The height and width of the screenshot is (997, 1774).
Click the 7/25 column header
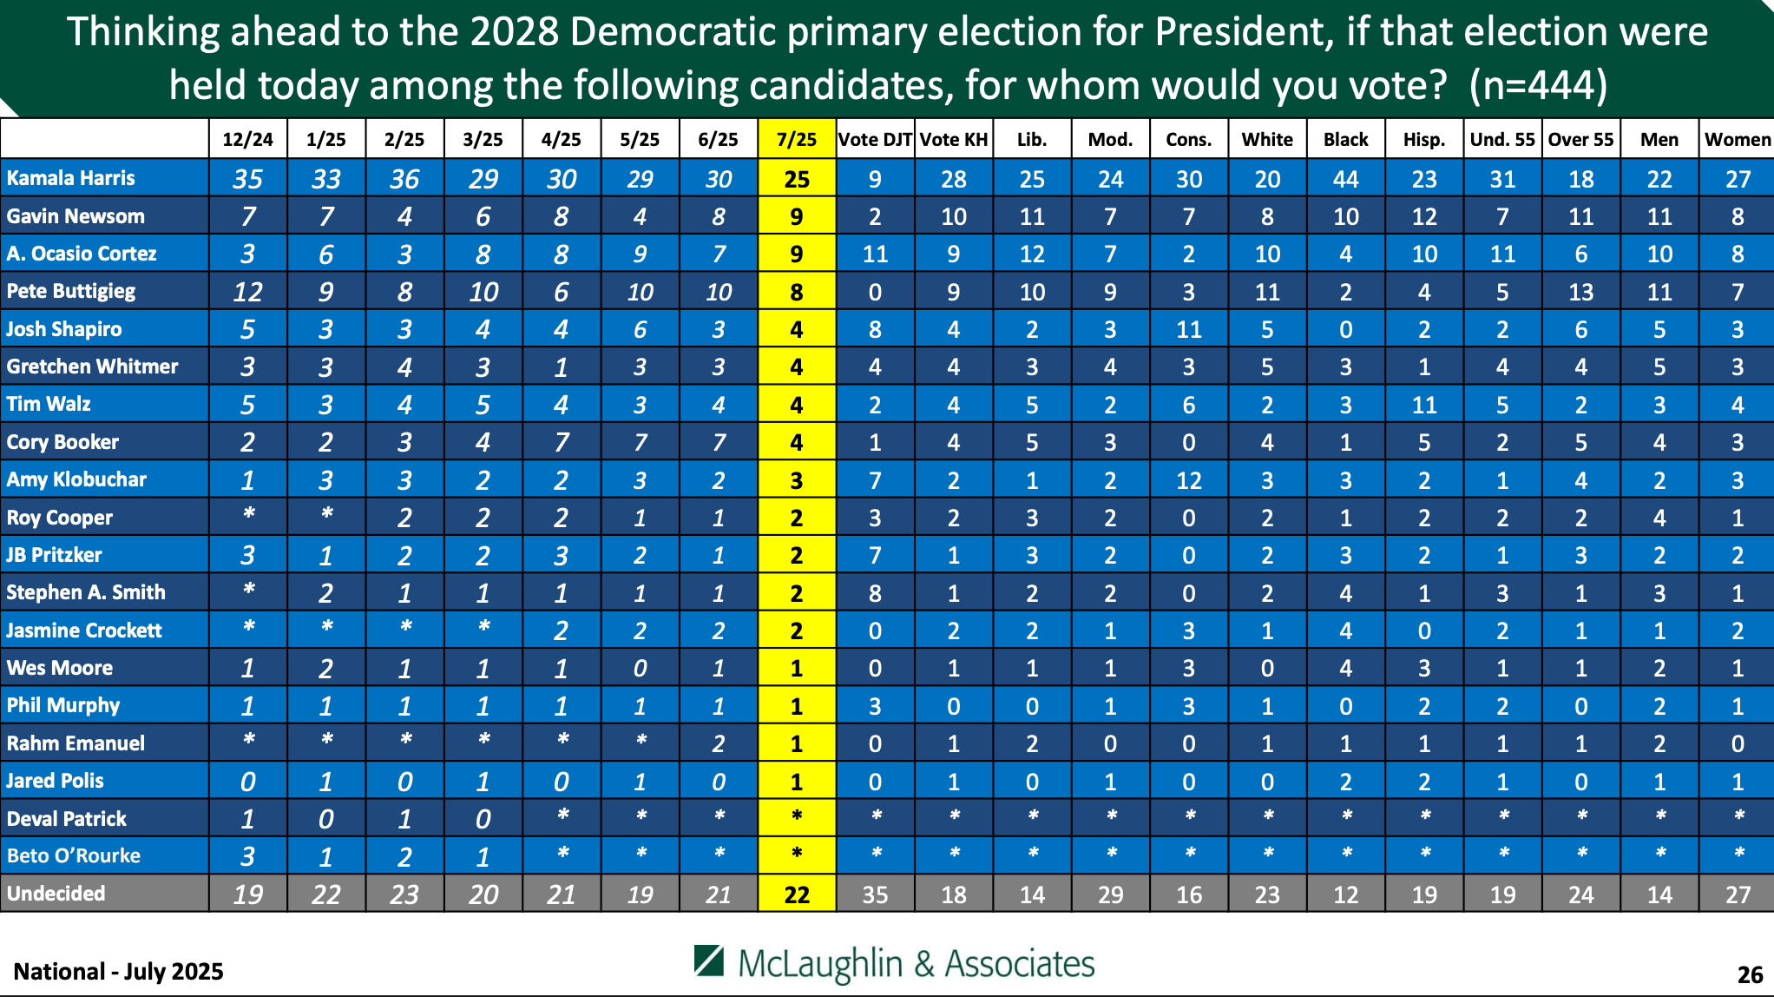[796, 139]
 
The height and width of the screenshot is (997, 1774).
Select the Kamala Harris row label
[70, 178]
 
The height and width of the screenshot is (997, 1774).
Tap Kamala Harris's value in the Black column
[1345, 179]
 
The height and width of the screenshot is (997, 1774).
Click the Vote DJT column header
[875, 139]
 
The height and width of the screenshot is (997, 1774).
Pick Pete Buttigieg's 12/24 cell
[247, 292]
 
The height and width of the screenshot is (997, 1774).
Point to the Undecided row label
[56, 894]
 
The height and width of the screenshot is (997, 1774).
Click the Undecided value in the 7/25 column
[796, 895]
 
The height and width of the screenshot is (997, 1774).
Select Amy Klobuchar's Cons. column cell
[1188, 480]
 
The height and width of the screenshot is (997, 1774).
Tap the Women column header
[1737, 139]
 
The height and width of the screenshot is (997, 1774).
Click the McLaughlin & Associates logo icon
[709, 961]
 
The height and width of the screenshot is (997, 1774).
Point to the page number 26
[1750, 974]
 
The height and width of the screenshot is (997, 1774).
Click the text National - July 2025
[118, 971]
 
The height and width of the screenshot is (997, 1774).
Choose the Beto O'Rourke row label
[73, 855]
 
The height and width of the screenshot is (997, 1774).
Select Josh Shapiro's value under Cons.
[1188, 330]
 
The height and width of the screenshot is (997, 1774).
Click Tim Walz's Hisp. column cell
[1423, 405]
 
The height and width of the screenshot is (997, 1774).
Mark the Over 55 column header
[1580, 139]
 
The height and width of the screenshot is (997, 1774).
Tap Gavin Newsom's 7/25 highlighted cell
[796, 216]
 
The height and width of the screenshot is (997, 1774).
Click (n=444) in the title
[1538, 85]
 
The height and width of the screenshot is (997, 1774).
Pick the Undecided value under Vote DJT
[875, 895]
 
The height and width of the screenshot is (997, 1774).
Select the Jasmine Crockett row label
[83, 631]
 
